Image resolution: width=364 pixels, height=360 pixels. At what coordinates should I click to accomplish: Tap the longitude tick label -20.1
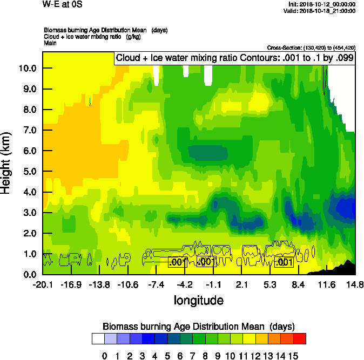[43, 284]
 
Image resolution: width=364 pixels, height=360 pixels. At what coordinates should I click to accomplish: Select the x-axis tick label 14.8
[354, 284]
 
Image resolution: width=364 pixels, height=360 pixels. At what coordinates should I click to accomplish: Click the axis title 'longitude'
[198, 300]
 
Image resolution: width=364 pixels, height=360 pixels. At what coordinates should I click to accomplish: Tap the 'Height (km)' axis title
[7, 162]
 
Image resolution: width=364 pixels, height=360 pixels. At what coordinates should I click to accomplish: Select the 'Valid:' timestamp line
[322, 10]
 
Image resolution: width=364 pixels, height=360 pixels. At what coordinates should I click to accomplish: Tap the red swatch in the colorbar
[300, 338]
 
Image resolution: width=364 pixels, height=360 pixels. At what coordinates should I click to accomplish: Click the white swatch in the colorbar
[98, 338]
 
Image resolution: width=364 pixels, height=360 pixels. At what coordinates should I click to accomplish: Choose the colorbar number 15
[293, 356]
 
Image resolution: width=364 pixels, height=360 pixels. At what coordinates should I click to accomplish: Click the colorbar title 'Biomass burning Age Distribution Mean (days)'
[198, 326]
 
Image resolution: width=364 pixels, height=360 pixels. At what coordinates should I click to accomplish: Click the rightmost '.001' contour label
[284, 262]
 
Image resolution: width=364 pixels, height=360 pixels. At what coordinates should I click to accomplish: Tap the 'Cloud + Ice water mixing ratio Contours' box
[234, 58]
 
